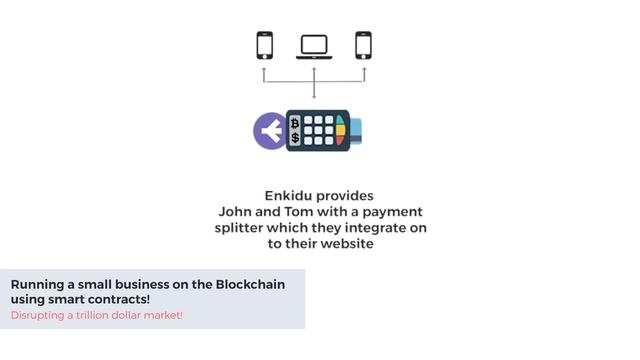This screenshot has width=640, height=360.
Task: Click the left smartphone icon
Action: (x=264, y=45)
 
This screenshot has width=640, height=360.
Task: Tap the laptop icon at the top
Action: (x=313, y=46)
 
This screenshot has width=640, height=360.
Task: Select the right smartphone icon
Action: (x=363, y=45)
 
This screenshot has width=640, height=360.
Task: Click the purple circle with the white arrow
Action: (x=269, y=131)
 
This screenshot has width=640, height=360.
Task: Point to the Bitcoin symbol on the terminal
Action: (x=295, y=123)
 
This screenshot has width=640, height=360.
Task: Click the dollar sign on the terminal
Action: (x=295, y=138)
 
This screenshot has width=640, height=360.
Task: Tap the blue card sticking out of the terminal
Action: (x=356, y=131)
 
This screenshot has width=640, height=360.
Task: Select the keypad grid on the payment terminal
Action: (x=319, y=130)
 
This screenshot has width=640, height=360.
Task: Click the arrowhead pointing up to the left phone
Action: (x=264, y=71)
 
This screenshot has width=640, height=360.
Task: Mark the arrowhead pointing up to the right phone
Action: (x=363, y=71)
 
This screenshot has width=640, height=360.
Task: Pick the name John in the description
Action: (x=237, y=212)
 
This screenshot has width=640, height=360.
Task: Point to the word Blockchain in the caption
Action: (x=250, y=285)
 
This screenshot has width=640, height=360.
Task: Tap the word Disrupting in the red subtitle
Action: (x=35, y=316)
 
